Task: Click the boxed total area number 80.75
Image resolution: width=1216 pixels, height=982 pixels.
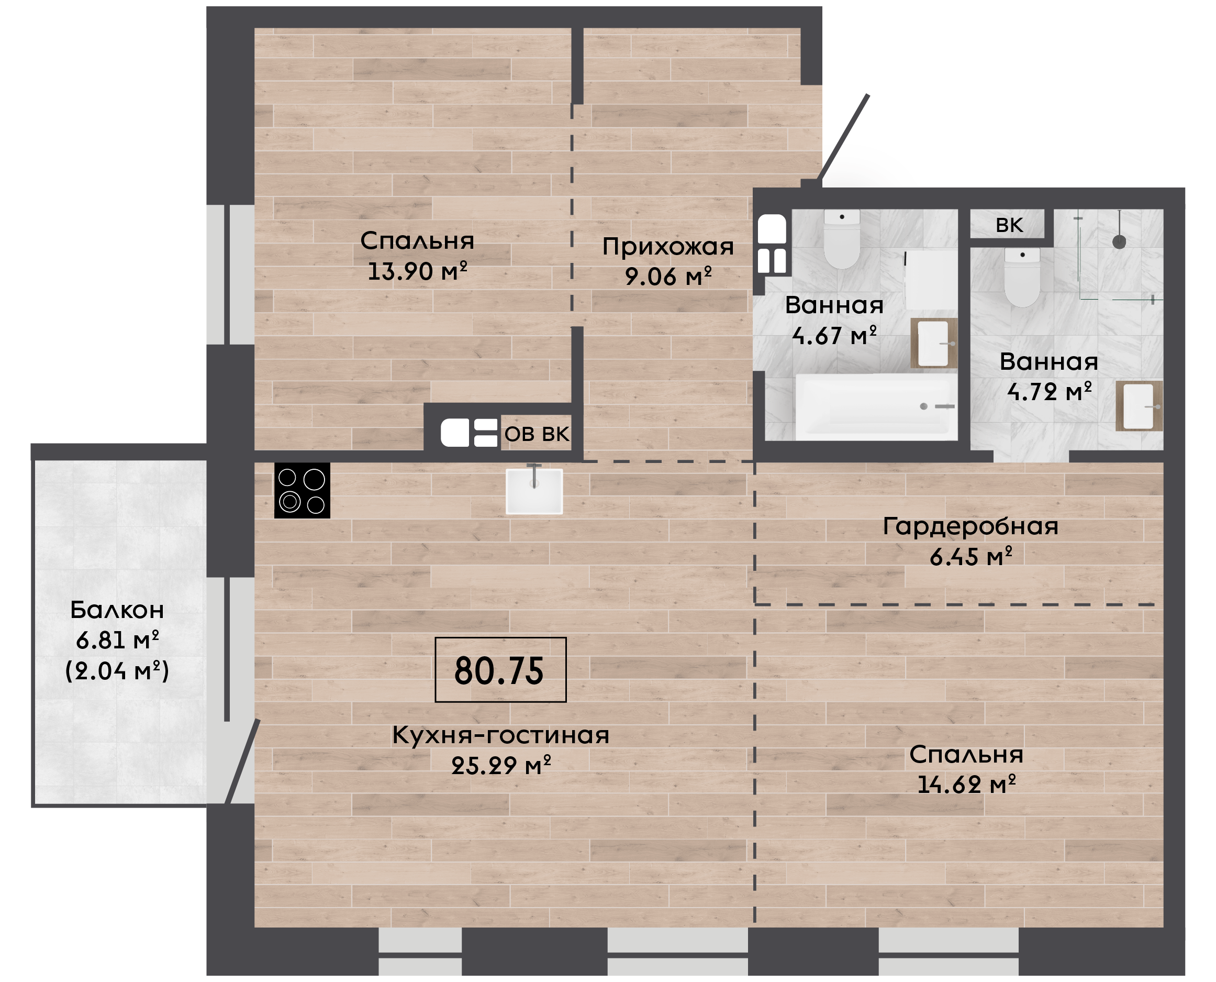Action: (x=499, y=671)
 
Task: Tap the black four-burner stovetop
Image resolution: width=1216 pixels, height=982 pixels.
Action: (x=303, y=490)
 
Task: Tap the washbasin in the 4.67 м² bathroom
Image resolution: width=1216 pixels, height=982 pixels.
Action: (x=933, y=344)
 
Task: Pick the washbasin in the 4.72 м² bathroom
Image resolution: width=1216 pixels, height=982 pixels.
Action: (x=1139, y=406)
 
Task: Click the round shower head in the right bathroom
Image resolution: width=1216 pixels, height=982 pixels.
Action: (x=1119, y=241)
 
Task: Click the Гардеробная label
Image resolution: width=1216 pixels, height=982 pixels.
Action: (x=970, y=527)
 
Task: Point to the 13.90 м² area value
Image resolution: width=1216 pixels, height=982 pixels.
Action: (x=417, y=271)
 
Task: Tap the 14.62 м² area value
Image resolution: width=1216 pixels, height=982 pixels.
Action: (x=966, y=785)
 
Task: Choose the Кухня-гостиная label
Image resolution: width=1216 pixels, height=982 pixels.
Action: (x=501, y=735)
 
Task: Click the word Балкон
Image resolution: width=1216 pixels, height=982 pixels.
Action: (x=117, y=610)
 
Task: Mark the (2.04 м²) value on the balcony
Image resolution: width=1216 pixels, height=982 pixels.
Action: (x=117, y=671)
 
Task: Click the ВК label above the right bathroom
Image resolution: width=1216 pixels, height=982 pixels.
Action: (x=1009, y=225)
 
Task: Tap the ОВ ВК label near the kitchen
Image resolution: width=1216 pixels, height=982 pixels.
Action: (x=537, y=434)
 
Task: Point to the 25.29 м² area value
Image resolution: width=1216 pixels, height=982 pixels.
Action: (x=501, y=765)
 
